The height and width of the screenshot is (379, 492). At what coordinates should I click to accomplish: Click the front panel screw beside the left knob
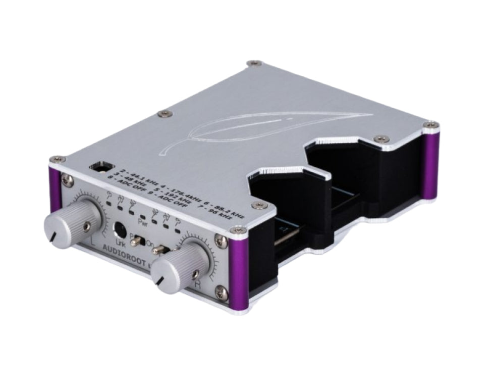pos(66,178)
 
